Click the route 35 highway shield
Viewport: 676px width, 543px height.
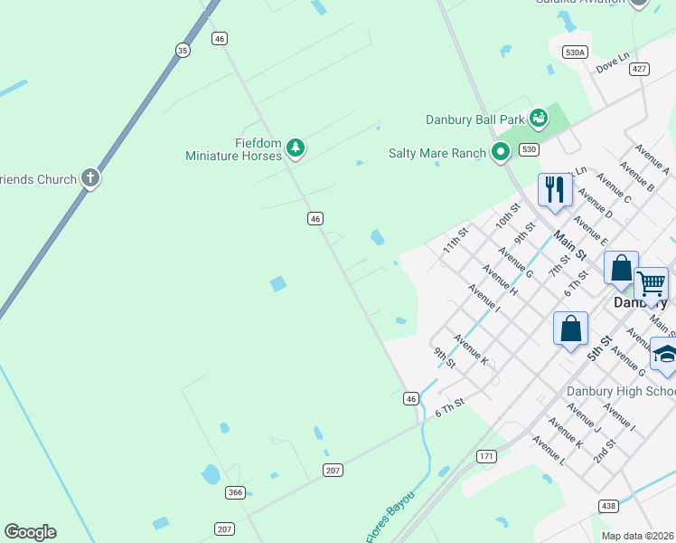(183, 51)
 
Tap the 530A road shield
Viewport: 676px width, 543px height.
(575, 52)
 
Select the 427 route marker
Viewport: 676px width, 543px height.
(640, 69)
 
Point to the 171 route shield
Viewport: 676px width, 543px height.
(487, 456)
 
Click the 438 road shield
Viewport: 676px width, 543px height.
(607, 504)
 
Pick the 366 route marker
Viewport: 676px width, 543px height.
(236, 492)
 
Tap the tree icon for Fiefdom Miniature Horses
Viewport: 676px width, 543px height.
(296, 148)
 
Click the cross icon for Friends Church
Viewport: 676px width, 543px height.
(89, 178)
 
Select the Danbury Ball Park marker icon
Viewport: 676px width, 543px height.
(539, 119)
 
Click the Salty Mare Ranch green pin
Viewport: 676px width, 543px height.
(501, 153)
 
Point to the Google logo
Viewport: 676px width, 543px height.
(30, 532)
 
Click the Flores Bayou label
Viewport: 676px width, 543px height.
(390, 518)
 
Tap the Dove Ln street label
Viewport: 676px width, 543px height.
(612, 63)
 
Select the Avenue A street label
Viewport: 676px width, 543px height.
(652, 158)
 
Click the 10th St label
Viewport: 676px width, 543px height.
(508, 217)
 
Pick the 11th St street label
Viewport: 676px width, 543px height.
(455, 241)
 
